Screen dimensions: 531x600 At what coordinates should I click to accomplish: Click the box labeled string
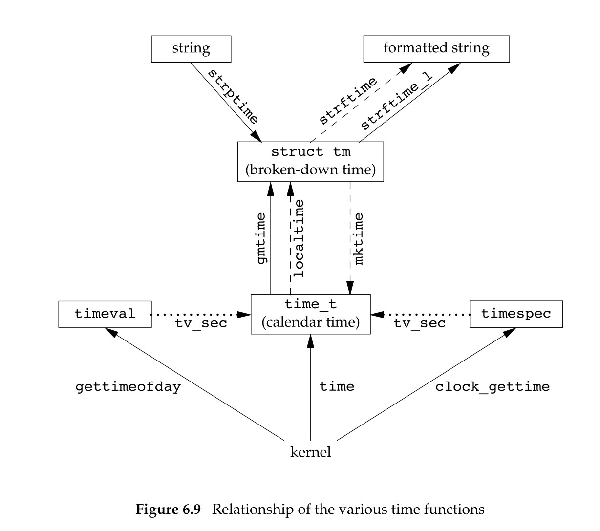pyautogui.click(x=191, y=49)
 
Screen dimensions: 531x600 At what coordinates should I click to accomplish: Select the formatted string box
pyautogui.click(x=436, y=49)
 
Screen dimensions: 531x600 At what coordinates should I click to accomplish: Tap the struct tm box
pyautogui.click(x=311, y=162)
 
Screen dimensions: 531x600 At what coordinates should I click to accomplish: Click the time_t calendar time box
pyautogui.click(x=311, y=314)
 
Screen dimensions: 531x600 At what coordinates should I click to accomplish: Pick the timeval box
pyautogui.click(x=104, y=314)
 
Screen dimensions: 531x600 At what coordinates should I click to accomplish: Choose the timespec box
pyautogui.click(x=516, y=314)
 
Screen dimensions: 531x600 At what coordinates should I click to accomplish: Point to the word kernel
pyautogui.click(x=311, y=452)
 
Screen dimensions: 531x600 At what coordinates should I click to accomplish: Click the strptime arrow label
pyautogui.click(x=232, y=96)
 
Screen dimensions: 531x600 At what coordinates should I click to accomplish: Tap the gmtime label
pyautogui.click(x=262, y=238)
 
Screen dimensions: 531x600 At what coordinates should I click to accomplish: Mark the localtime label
pyautogui.click(x=299, y=238)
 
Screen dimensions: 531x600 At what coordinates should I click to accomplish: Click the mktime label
pyautogui.click(x=359, y=238)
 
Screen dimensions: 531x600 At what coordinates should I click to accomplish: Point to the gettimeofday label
pyautogui.click(x=128, y=387)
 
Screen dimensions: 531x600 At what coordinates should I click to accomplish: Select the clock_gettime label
pyautogui.click(x=493, y=387)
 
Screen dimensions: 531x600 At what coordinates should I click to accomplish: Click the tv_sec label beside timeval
pyautogui.click(x=201, y=323)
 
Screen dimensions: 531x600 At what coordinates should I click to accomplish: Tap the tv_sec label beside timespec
pyautogui.click(x=420, y=323)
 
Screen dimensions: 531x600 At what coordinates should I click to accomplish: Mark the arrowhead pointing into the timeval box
pyautogui.click(x=111, y=332)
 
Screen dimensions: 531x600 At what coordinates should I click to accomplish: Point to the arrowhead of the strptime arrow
pyautogui.click(x=257, y=137)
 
